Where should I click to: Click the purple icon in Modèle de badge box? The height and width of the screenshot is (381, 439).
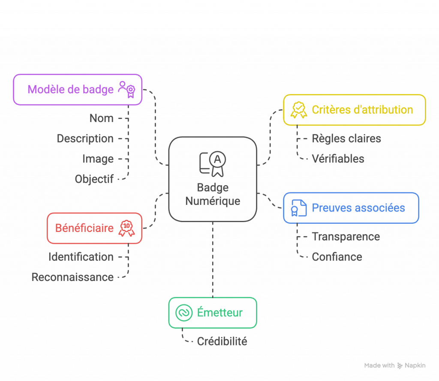(127, 89)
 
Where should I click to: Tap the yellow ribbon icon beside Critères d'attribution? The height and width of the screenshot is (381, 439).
(298, 110)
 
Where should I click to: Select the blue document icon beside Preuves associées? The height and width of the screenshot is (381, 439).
(299, 208)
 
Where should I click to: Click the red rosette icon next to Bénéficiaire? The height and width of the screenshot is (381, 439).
(126, 228)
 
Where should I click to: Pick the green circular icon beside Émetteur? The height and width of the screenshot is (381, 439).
(184, 313)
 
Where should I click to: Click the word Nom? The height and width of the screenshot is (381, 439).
(102, 119)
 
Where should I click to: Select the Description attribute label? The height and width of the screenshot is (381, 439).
(85, 139)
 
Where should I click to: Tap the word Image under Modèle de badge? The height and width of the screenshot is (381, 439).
(98, 159)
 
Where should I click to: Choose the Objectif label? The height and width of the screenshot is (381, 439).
(94, 179)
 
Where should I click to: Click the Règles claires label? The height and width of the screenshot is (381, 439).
(346, 139)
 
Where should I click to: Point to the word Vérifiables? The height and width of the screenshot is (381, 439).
(338, 159)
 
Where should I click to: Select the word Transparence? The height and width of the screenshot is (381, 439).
(346, 237)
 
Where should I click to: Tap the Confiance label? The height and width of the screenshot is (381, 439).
(337, 257)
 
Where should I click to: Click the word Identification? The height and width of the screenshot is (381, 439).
(81, 257)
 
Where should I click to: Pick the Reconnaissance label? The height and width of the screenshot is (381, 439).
(72, 277)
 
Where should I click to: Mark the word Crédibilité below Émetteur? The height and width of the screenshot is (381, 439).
(222, 341)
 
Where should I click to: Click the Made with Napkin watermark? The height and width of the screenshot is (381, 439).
(394, 366)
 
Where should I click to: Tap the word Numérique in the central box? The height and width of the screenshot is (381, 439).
(213, 201)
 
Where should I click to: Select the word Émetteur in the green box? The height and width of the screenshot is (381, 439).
(219, 313)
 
